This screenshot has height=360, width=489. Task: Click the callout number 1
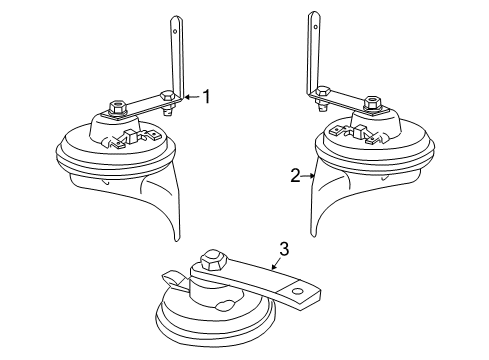pyautogui.click(x=207, y=97)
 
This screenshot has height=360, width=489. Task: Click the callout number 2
pyautogui.click(x=295, y=176)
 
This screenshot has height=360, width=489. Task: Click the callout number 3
pyautogui.click(x=284, y=249)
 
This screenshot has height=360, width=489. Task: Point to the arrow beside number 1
pyautogui.click(x=192, y=97)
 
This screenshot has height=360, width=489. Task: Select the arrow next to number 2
pyautogui.click(x=308, y=176)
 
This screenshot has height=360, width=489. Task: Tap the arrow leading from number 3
pyautogui.click(x=276, y=264)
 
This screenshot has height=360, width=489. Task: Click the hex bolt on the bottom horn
pyautogui.click(x=213, y=259)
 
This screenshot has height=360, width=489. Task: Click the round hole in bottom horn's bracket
pyautogui.click(x=297, y=292)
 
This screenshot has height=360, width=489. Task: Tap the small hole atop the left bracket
pyautogui.click(x=175, y=32)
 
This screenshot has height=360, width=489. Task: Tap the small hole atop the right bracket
pyautogui.click(x=314, y=26)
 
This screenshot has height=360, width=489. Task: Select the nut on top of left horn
pyautogui.click(x=117, y=108)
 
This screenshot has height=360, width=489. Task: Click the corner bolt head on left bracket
pyautogui.click(x=167, y=96)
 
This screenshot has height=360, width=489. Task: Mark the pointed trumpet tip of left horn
pyautogui.click(x=177, y=239)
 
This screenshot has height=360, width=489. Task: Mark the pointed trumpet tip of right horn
pyautogui.click(x=313, y=236)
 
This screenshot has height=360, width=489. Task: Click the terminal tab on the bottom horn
pyautogui.click(x=172, y=277)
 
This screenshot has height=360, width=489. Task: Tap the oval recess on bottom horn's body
pyautogui.click(x=225, y=305)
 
